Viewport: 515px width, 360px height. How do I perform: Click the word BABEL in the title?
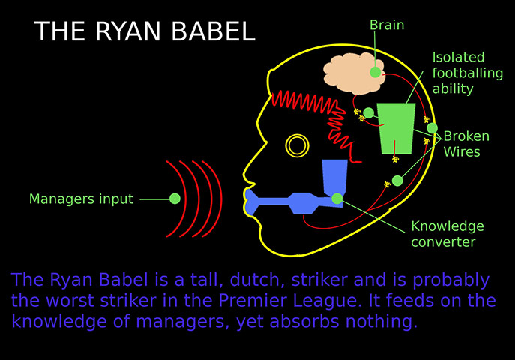click(213, 31)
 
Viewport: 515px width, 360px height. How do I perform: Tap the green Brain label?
click(387, 25)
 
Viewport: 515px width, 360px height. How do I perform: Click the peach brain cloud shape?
click(353, 74)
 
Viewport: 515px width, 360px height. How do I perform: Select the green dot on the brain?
click(375, 72)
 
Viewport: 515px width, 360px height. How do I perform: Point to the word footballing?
click(467, 73)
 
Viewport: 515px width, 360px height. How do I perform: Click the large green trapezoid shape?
click(396, 128)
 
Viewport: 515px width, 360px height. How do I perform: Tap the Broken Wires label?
click(466, 144)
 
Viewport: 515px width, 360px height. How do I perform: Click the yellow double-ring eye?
click(297, 145)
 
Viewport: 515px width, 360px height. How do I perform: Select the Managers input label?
click(81, 199)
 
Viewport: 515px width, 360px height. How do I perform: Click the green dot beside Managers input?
click(175, 199)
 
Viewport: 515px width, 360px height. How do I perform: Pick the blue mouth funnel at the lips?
click(251, 202)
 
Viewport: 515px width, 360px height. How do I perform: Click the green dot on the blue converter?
click(337, 199)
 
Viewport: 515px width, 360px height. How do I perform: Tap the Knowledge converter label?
click(448, 234)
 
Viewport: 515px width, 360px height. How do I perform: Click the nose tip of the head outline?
click(244, 173)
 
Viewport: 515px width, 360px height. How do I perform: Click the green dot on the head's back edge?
click(433, 128)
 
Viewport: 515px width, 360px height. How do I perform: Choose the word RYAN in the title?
click(128, 31)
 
